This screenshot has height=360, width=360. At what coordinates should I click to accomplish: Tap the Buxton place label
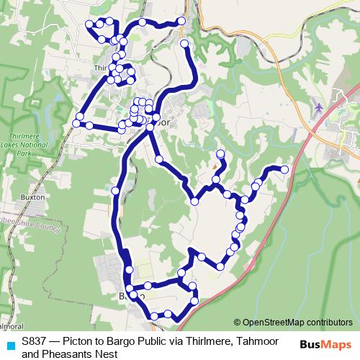33,197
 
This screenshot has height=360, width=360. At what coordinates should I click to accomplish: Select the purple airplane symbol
319,108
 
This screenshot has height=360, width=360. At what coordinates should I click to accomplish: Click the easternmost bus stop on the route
284,170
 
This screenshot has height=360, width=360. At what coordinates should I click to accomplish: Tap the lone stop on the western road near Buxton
115,191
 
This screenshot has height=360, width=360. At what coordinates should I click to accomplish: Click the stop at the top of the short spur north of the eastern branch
220,153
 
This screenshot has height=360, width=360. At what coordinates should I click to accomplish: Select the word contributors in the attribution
328,323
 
